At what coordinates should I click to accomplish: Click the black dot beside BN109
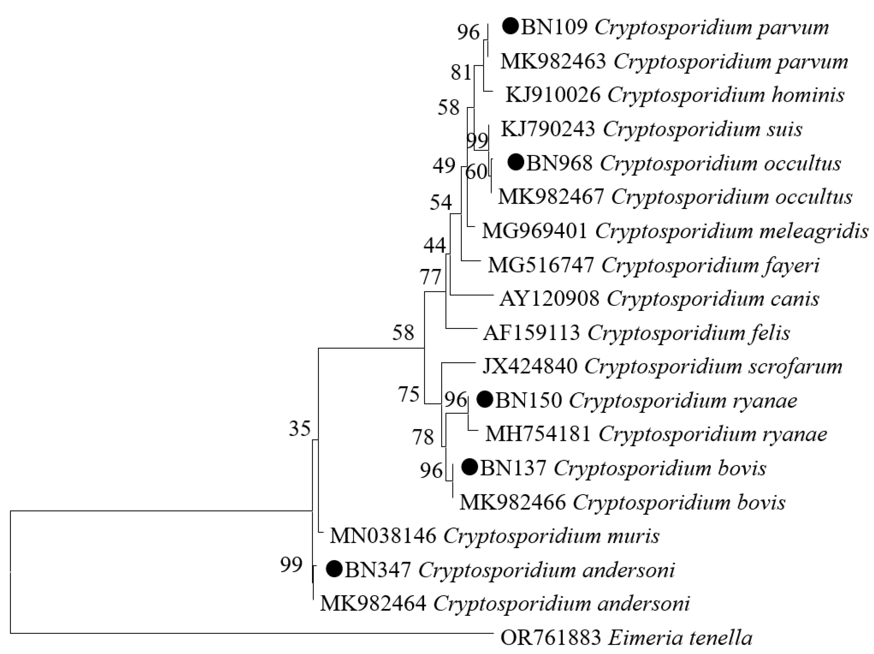(510, 27)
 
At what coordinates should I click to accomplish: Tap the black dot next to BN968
(516, 162)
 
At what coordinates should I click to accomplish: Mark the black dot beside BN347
(334, 569)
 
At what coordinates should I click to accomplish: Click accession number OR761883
(550, 637)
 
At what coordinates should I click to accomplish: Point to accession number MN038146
(383, 536)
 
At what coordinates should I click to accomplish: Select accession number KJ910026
(553, 95)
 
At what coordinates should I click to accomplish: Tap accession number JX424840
(530, 366)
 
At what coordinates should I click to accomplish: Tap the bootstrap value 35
(300, 428)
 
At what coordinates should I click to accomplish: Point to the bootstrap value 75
(408, 394)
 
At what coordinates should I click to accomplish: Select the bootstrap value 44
(434, 246)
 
